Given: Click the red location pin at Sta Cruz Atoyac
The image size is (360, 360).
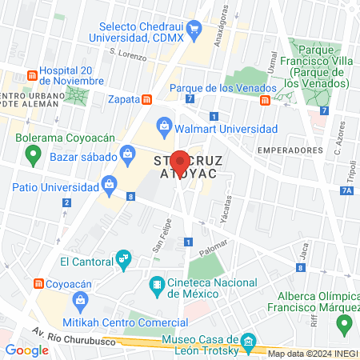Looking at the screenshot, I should (181, 162).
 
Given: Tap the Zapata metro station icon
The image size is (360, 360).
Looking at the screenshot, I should (147, 100).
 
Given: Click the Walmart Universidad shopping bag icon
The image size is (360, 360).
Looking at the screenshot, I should (163, 124).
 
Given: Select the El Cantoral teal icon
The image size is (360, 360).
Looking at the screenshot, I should (122, 259).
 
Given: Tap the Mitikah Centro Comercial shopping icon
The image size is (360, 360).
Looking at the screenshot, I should (80, 301).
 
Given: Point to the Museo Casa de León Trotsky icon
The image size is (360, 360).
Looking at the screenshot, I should (249, 344).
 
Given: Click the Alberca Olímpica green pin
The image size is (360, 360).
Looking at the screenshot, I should (345, 324).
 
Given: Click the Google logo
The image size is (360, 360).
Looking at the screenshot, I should (27, 350).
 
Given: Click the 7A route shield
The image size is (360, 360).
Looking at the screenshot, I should (345, 190).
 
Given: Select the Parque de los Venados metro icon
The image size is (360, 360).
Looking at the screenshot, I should (265, 100).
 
